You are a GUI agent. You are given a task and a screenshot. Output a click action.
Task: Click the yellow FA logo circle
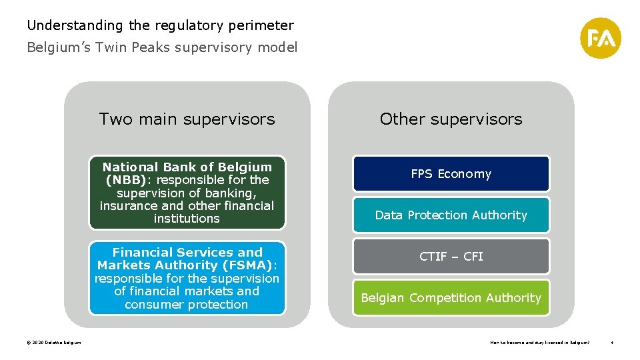600,38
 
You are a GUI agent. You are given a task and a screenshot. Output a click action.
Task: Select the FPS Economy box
451,174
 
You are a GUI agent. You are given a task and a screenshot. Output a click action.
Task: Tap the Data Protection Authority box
451,215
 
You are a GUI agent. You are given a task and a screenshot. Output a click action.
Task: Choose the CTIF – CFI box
451,257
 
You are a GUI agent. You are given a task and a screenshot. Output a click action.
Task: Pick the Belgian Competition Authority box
451,298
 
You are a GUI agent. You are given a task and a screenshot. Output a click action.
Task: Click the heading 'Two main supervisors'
187,119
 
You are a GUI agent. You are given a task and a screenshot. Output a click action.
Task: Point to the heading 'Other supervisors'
451,119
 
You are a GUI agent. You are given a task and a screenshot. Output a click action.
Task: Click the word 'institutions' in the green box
187,219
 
